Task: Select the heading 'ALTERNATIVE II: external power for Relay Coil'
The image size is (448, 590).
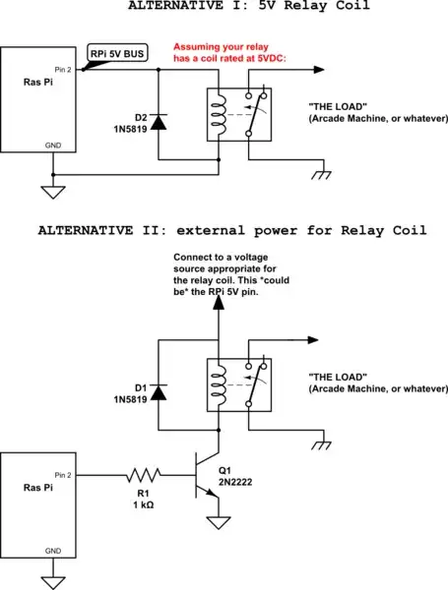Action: click(232, 231)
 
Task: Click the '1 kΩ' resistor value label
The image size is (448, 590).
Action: click(143, 503)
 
